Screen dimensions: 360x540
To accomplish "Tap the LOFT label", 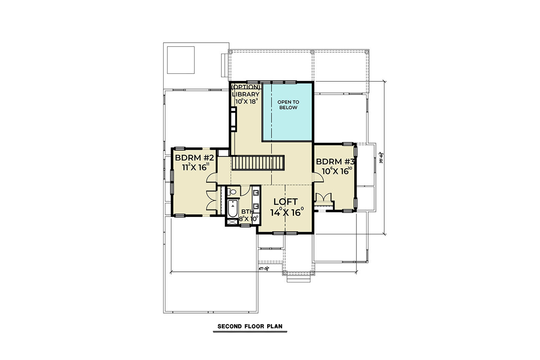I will coord(285,201).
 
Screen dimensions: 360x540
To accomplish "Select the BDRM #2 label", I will coord(195,158).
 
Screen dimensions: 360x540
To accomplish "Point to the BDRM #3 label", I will coord(336,161).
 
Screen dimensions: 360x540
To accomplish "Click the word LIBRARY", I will coord(245,94).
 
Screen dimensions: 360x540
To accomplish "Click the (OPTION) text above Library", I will coord(245,87).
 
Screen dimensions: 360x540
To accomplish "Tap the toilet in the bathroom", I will coord(233,192).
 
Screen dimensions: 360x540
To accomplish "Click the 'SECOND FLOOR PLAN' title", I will coord(249,326).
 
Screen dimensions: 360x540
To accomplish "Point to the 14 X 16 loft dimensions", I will coord(287,212).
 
